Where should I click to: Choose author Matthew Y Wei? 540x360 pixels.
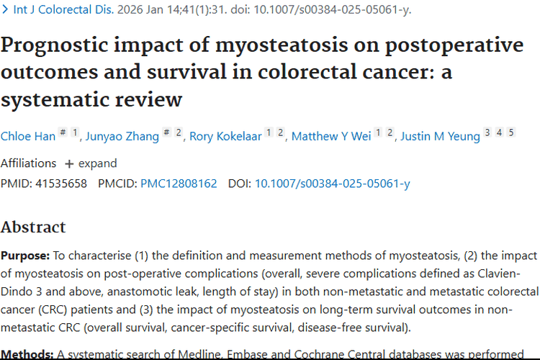coord(330,136)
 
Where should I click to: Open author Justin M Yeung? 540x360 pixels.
coord(440,136)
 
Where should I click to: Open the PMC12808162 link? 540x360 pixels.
coord(179,184)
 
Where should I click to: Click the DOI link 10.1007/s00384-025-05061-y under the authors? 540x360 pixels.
coord(332,184)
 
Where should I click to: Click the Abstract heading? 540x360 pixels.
coord(33,227)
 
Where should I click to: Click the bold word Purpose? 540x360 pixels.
coord(25,256)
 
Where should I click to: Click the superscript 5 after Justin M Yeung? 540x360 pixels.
coord(511,132)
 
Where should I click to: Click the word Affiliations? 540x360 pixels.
coord(28,163)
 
